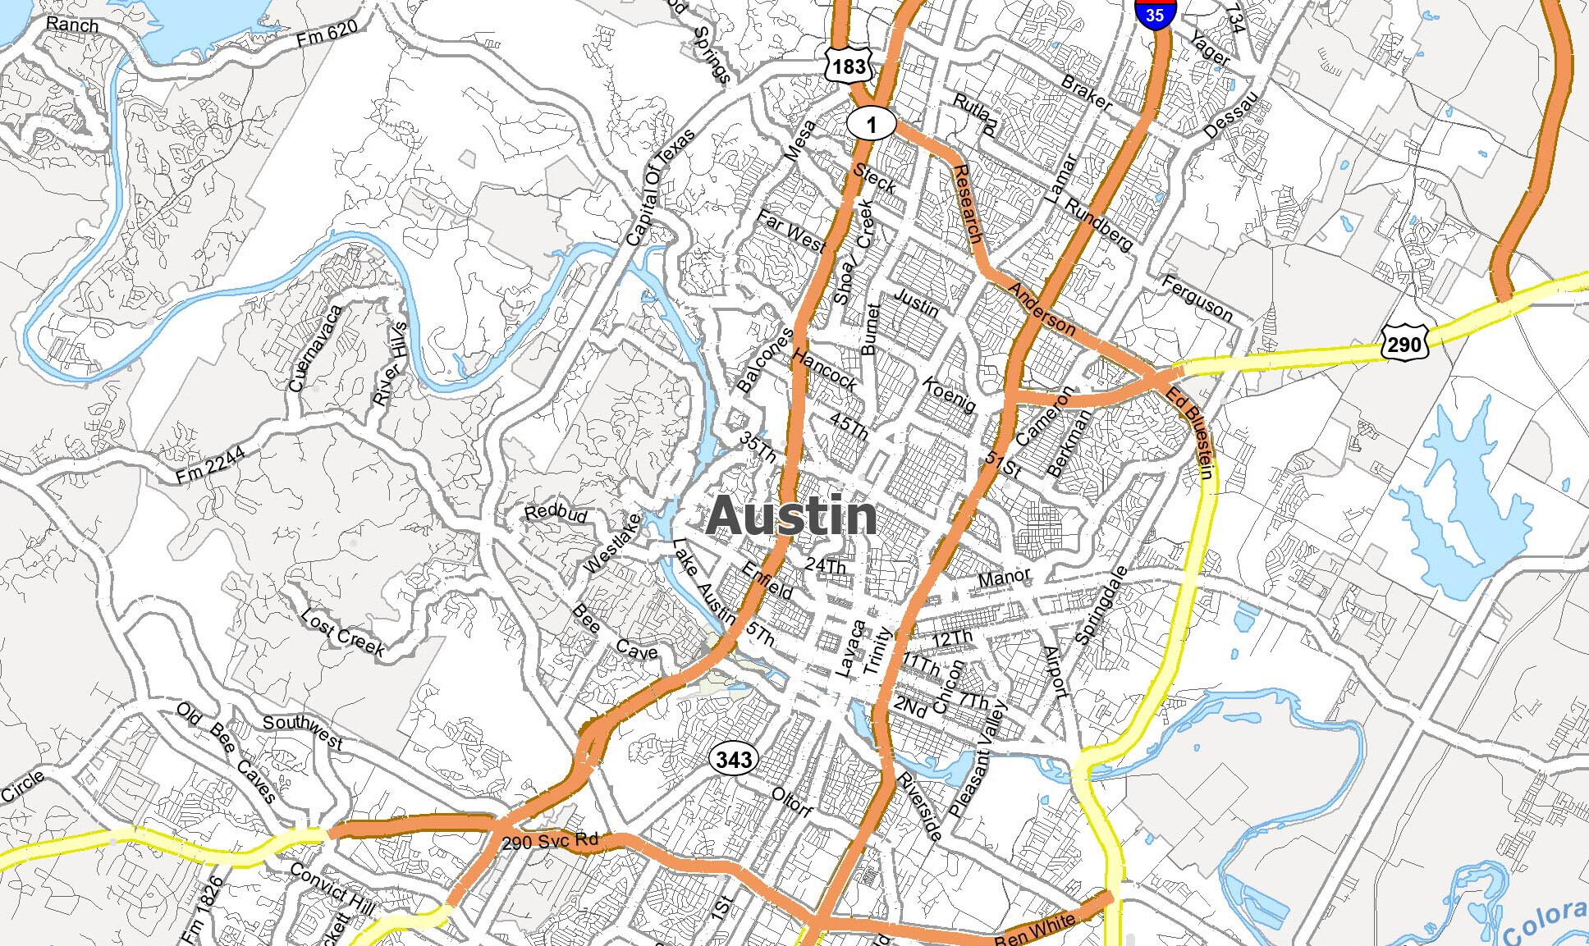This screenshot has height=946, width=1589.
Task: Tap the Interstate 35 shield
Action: [x=1155, y=13]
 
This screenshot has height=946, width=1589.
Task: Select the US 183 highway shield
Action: [x=848, y=65]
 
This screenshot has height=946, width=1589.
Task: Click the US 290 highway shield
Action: [x=1404, y=342]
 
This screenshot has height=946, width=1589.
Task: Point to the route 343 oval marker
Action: [x=733, y=759]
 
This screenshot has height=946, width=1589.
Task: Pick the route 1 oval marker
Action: [x=872, y=124]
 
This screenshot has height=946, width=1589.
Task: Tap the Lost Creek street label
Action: [x=342, y=633]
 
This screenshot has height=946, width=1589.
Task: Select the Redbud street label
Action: [x=556, y=513]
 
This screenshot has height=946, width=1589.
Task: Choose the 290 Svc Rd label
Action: [x=549, y=841]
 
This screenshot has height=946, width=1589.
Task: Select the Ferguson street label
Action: [x=1197, y=298]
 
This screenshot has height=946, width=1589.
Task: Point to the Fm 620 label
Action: [x=327, y=33]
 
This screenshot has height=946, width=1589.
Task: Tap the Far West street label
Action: [x=790, y=231]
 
